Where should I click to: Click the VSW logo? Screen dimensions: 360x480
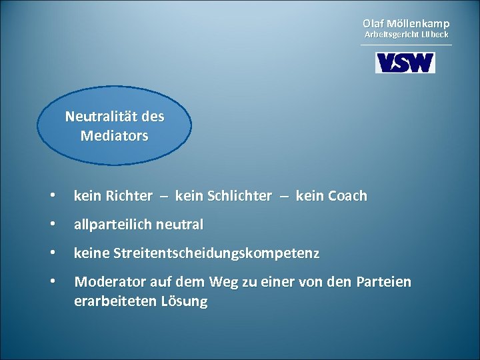tap(405, 63)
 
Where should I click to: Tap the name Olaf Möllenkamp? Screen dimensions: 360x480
tap(406, 23)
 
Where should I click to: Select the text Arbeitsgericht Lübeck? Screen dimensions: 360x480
tap(406, 34)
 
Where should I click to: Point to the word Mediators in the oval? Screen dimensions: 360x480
tap(115, 136)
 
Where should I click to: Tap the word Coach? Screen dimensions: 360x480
tap(342, 196)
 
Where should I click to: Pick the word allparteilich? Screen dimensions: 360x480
tap(113, 225)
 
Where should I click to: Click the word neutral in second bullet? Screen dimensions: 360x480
tap(180, 225)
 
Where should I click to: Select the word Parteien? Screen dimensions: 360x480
tap(385, 283)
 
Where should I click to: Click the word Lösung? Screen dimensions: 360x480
tap(185, 301)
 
